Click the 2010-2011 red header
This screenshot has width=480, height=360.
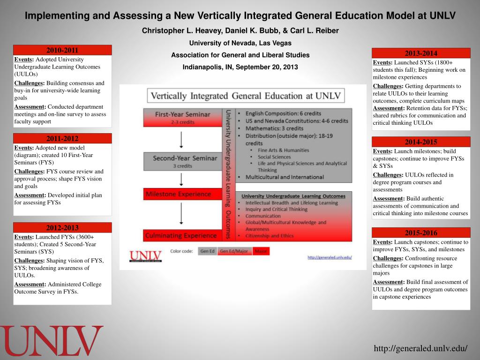[x=62, y=50]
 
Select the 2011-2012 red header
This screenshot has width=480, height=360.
[x=62, y=138]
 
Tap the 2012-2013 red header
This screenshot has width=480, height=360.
[x=62, y=227]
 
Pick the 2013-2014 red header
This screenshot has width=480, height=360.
[x=421, y=53]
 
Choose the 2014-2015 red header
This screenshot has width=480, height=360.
[x=421, y=142]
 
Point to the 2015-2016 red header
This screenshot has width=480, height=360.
[x=421, y=232]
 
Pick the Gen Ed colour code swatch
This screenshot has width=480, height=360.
[x=207, y=251]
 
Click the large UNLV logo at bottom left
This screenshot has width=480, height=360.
[x=52, y=341]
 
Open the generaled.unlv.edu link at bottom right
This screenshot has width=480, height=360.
[x=420, y=348]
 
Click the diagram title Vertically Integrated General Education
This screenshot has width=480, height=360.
[x=246, y=96]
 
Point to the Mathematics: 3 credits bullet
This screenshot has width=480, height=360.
[x=275, y=128]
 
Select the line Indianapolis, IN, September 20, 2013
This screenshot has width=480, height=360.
[x=240, y=67]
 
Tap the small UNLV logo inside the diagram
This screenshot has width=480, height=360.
[x=145, y=256]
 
